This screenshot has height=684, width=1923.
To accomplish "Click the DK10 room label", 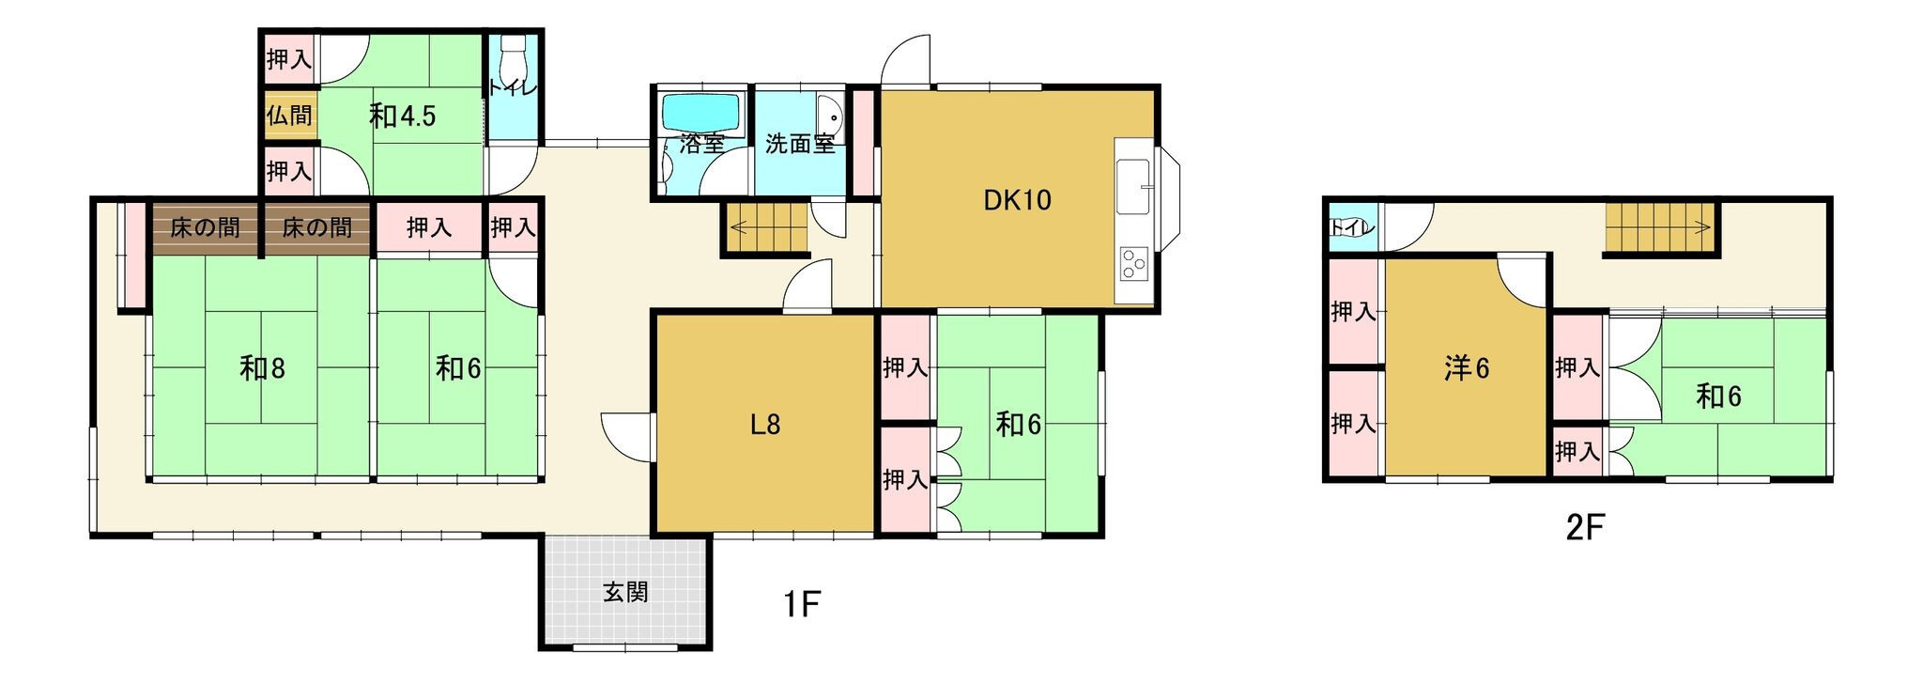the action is pyautogui.click(x=1017, y=200).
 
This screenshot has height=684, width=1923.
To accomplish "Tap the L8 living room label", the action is pyautogui.click(x=765, y=426).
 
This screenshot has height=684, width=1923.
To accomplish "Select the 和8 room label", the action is pyautogui.click(x=262, y=368).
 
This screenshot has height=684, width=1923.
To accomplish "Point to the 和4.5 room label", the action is pyautogui.click(x=402, y=116).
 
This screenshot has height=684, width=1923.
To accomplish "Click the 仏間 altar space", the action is pyautogui.click(x=289, y=116).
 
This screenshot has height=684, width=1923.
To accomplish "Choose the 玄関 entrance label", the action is pyautogui.click(x=625, y=593).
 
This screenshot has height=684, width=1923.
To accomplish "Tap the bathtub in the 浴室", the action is pyautogui.click(x=703, y=115).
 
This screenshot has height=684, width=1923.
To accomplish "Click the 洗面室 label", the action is pyautogui.click(x=799, y=145).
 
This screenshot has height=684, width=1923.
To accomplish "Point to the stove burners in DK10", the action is pyautogui.click(x=1133, y=264).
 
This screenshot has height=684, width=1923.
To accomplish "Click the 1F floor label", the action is pyautogui.click(x=803, y=604).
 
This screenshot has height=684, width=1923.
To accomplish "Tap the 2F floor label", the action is pyautogui.click(x=1585, y=528).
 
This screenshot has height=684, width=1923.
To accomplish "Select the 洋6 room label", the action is pyautogui.click(x=1467, y=368).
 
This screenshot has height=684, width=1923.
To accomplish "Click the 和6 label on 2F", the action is pyautogui.click(x=1718, y=396).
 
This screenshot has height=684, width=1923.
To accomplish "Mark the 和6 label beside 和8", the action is pyautogui.click(x=457, y=368).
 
